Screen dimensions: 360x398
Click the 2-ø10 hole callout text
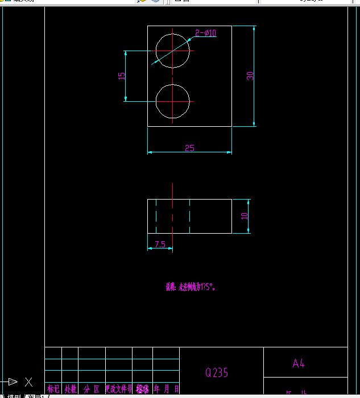[206, 33]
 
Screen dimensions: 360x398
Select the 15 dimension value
[121, 76]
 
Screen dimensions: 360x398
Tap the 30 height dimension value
[250, 76]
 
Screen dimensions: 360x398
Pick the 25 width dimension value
[189, 148]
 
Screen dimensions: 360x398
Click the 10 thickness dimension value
[245, 216]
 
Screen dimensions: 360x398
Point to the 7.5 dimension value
[160, 244]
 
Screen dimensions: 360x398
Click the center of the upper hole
[172, 51]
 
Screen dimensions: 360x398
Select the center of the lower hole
[172, 102]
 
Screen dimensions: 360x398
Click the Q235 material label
[217, 372]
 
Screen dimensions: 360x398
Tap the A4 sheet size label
[299, 364]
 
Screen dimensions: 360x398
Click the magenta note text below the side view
[191, 287]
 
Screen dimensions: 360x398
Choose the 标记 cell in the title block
[53, 389]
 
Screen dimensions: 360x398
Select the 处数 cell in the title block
[70, 389]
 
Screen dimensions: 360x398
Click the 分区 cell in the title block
[92, 389]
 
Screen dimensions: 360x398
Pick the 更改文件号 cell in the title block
[118, 389]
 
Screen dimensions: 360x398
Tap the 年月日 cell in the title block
[166, 389]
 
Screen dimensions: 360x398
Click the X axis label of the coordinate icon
[28, 382]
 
